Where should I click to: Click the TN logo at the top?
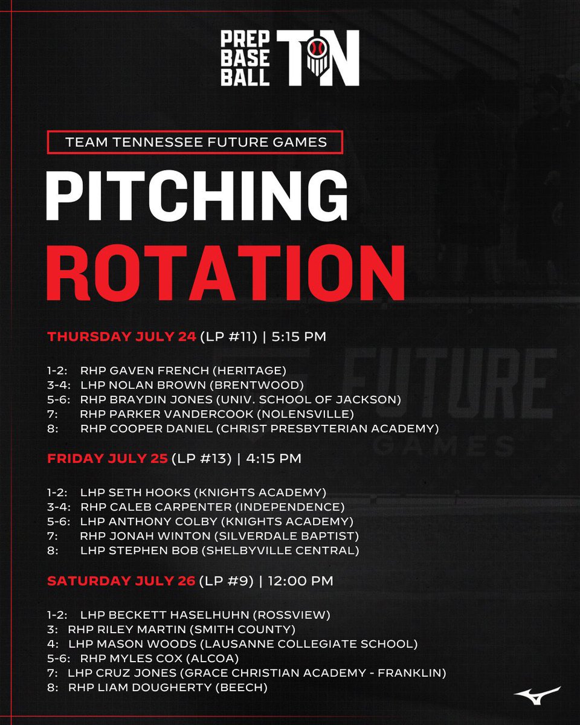pyautogui.click(x=318, y=57)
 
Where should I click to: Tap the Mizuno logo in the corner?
pyautogui.click(x=537, y=694)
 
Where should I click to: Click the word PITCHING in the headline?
pyautogui.click(x=196, y=194)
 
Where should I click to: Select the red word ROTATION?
pyautogui.click(x=225, y=271)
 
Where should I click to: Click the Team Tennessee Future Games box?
pyautogui.click(x=195, y=143)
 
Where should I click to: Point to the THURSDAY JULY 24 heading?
pyautogui.click(x=121, y=337)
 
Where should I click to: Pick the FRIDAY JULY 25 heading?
pyautogui.click(x=108, y=459)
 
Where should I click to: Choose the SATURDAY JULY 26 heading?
pyautogui.click(x=121, y=581)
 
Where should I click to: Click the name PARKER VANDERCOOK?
pyautogui.click(x=167, y=414)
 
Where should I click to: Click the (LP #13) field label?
pyautogui.click(x=202, y=459)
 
